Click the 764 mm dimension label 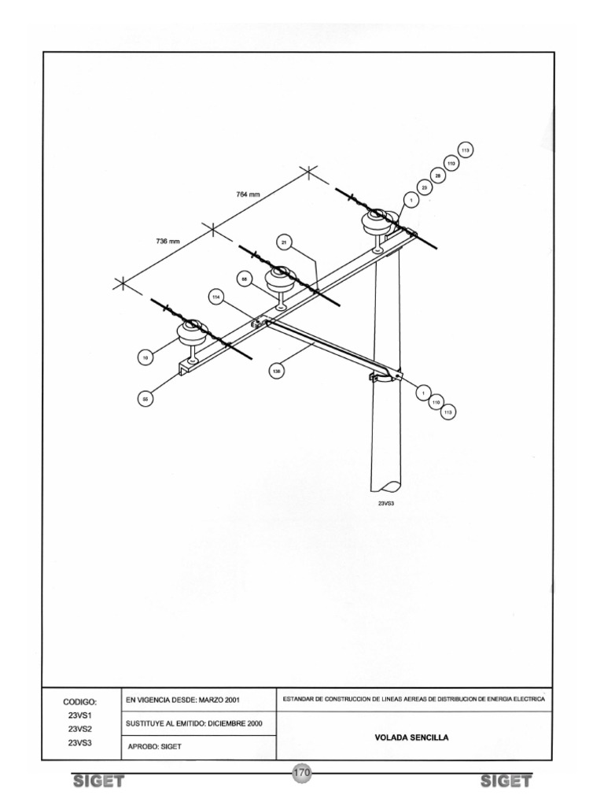tap(249, 194)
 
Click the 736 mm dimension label tap(168, 241)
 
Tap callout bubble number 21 tap(285, 243)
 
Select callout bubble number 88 tap(245, 279)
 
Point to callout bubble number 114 tap(216, 296)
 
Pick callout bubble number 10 tap(145, 358)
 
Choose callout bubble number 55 tap(145, 400)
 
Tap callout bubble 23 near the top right tap(425, 188)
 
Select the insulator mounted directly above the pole tap(377, 222)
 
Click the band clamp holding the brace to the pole tap(385, 379)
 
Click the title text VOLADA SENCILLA tap(417, 738)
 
